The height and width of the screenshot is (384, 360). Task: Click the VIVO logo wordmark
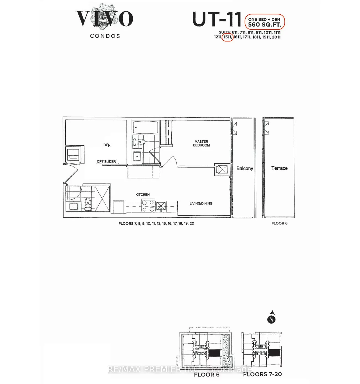[104, 19]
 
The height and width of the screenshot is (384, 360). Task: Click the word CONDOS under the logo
[105, 36]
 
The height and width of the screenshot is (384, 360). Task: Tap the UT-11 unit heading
[217, 19]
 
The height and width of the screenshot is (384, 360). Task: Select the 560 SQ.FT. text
[264, 24]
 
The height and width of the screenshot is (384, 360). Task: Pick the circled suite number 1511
[228, 37]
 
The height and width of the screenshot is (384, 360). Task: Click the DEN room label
[107, 145]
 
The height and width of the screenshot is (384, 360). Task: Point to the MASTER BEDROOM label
[201, 143]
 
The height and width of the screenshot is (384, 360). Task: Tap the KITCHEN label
[142, 195]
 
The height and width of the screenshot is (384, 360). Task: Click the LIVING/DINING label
[201, 203]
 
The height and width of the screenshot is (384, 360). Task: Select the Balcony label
[245, 168]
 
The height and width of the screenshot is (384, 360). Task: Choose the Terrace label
[279, 168]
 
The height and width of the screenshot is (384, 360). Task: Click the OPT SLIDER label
[106, 161]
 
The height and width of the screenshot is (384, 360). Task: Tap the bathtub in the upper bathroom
[145, 127]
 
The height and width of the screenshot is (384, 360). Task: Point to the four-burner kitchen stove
[148, 206]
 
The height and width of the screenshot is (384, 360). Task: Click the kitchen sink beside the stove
[161, 206]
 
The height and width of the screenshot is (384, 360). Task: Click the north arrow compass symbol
[271, 317]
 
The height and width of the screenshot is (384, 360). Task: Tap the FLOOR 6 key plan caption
[207, 375]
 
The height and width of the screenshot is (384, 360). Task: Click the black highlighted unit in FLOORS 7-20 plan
[274, 352]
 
